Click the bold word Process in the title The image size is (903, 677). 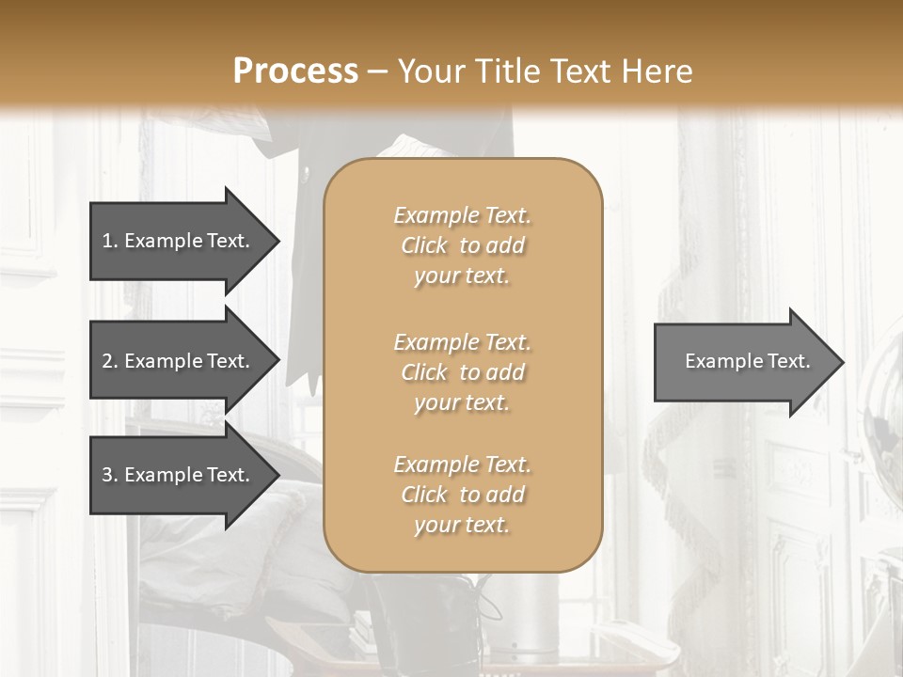294,71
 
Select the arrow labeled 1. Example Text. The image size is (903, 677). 179,241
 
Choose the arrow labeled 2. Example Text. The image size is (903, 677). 179,361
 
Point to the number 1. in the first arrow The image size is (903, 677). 109,241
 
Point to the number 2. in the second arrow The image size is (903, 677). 109,361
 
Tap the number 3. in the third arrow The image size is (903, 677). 109,476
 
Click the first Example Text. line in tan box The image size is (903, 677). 462,215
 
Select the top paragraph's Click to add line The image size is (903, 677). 462,245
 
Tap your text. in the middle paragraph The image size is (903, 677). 462,402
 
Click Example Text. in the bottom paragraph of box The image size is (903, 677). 462,464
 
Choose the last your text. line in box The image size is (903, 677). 462,525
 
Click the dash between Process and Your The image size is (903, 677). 378,71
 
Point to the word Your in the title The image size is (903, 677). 433,71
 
